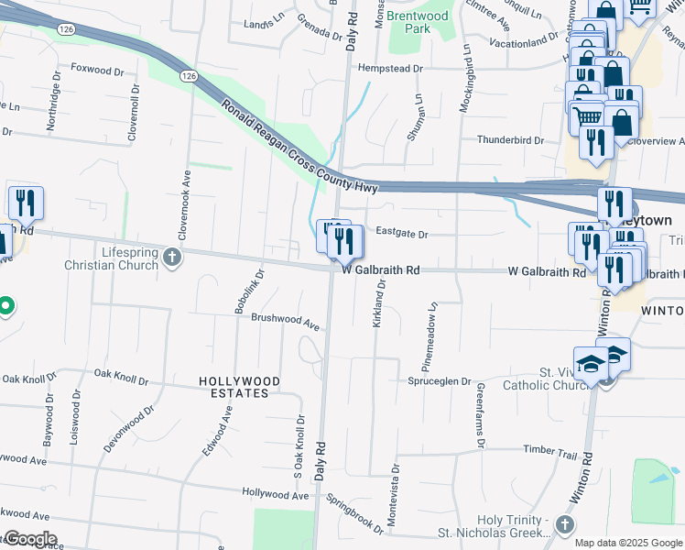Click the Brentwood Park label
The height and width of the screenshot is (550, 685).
pos(418,23)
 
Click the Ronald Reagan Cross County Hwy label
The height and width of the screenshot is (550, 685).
pos(299,148)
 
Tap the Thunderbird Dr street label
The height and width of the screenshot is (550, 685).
pos(510,140)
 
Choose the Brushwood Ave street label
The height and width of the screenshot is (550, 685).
pos(284,323)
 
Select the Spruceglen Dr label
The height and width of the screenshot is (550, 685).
pos(440,381)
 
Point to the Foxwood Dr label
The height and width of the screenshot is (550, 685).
pos(96,70)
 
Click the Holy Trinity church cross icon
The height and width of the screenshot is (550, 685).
pos(565,524)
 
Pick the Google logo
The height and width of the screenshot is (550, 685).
pos(29,539)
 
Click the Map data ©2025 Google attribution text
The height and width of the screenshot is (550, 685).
pos(629,543)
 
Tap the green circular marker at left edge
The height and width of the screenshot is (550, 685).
pos(5,305)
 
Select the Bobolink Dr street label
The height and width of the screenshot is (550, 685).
pos(249,291)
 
